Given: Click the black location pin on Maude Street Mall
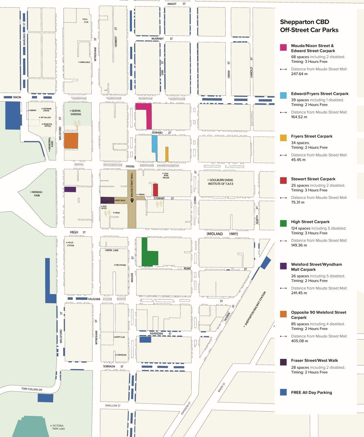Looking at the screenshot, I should click(132, 201).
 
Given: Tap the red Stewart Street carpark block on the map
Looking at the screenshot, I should click(156, 190).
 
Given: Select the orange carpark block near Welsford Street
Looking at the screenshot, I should click(71, 141).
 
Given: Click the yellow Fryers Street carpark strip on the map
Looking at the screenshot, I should click(167, 154).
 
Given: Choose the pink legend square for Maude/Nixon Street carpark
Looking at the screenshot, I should click(283, 47).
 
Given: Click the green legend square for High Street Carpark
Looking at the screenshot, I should click(283, 224).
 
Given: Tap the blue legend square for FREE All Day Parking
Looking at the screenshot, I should click(283, 392).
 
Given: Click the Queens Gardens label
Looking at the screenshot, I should click(76, 113).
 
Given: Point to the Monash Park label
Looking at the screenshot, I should click(37, 194).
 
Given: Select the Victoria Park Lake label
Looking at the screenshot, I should click(58, 427).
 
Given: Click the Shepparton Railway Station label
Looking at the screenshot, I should click(255, 309).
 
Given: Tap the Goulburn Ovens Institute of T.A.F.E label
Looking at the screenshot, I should click(221, 182).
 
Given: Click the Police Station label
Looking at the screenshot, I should click(70, 244).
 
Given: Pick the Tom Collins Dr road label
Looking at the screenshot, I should click(32, 389).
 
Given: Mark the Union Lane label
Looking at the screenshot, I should click(112, 250).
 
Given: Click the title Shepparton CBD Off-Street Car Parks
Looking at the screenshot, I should click(309, 26).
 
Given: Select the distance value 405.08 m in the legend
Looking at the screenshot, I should click(299, 341).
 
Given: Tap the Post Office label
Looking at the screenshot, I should click(104, 208).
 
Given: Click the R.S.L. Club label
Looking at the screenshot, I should click(86, 21).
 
